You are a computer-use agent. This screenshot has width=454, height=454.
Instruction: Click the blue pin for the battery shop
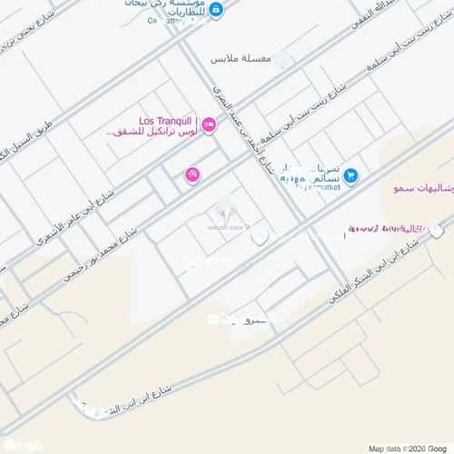pyautogui.click(x=216, y=10)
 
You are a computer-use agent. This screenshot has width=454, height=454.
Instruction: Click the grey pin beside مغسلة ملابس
pyautogui.click(x=285, y=60)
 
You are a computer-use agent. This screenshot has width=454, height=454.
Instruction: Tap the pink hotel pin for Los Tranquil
pyautogui.click(x=208, y=125)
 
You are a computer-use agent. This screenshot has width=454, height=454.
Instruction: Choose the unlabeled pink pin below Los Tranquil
pyautogui.click(x=192, y=174)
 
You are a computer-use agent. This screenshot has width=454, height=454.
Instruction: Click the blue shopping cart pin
pyautogui.click(x=350, y=175)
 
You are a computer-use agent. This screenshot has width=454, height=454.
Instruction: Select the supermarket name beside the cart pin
pyautogui.click(x=311, y=176)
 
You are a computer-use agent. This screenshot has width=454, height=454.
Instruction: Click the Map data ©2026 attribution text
pyautogui.click(x=408, y=447)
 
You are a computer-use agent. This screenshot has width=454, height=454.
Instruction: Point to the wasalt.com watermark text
pyautogui.click(x=227, y=226)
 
